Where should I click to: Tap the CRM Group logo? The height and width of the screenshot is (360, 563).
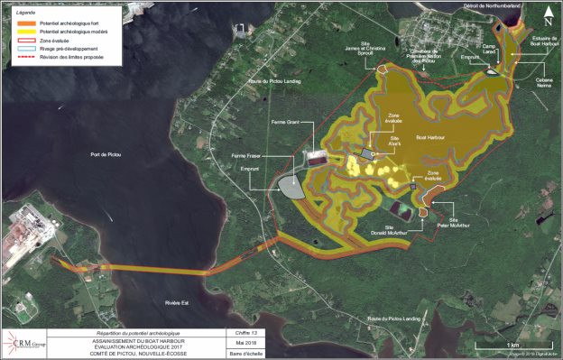click(30, 343)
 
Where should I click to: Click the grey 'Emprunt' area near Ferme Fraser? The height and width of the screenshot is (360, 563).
click(291, 188)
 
